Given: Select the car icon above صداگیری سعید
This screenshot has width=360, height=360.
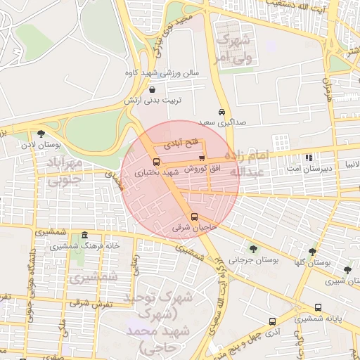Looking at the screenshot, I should pyautogui.click(x=221, y=112).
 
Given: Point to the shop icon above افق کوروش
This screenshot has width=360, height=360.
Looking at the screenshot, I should pyautogui.click(x=202, y=157).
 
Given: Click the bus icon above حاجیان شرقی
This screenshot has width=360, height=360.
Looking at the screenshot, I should pyautogui.click(x=195, y=217).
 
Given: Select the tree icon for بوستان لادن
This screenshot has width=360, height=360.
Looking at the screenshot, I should pyautogui.click(x=41, y=133).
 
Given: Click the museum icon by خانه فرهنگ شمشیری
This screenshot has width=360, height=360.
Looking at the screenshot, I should pyautogui.click(x=84, y=235).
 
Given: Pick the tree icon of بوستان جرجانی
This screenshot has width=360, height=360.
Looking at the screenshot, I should pyautogui.click(x=253, y=247).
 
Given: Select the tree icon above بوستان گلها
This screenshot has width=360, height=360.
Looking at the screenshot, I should pyautogui.click(x=312, y=251).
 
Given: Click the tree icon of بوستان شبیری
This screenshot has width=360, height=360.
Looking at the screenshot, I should pyautogui.click(x=347, y=270).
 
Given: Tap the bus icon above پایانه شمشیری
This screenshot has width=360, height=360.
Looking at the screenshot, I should pyautogui.click(x=319, y=307).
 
